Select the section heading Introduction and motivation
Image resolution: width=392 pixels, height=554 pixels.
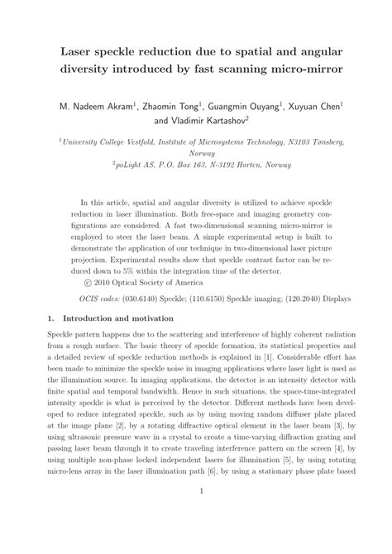click(116, 318)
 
